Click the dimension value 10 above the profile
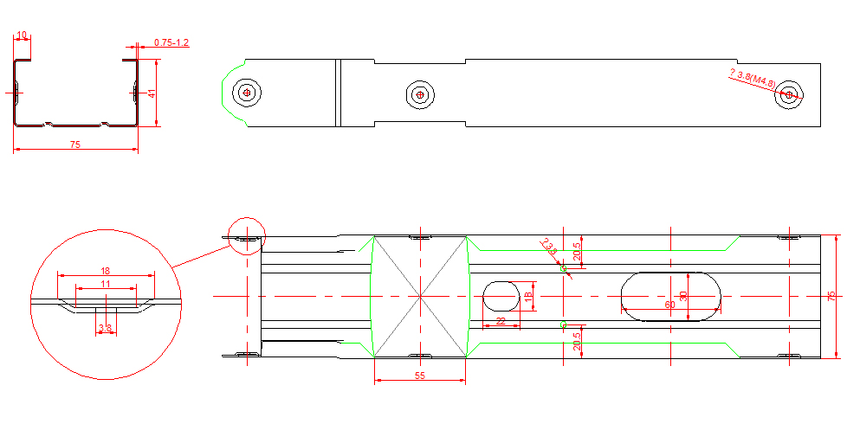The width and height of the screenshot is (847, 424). click(x=22, y=35)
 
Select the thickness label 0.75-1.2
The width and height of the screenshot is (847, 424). click(x=171, y=42)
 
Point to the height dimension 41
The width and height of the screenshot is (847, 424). click(x=151, y=93)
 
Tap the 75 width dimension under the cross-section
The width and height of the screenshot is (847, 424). click(x=75, y=145)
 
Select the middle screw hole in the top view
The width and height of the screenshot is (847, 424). click(x=421, y=94)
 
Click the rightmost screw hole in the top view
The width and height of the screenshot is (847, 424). click(x=788, y=95)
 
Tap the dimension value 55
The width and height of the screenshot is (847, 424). click(x=420, y=376)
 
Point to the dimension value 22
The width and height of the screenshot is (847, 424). click(x=501, y=321)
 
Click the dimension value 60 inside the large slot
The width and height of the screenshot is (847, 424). click(x=669, y=305)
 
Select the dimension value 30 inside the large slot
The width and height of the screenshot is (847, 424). click(x=684, y=296)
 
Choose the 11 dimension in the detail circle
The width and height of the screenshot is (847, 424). click(x=106, y=284)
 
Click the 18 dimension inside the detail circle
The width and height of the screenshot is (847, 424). click(x=106, y=270)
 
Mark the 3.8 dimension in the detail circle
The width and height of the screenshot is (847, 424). click(x=106, y=328)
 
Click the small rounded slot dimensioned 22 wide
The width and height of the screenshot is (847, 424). click(x=500, y=295)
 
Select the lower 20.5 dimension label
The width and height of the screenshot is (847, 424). click(x=578, y=341)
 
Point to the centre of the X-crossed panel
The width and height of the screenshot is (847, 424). click(x=420, y=296)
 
